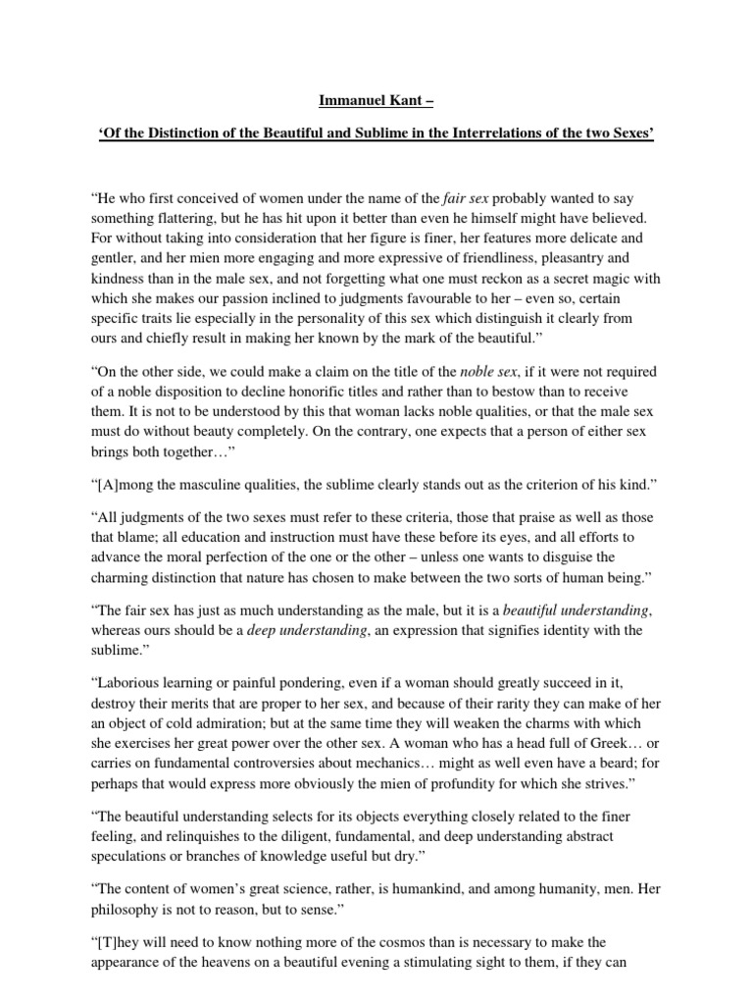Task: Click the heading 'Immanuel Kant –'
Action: (376, 99)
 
